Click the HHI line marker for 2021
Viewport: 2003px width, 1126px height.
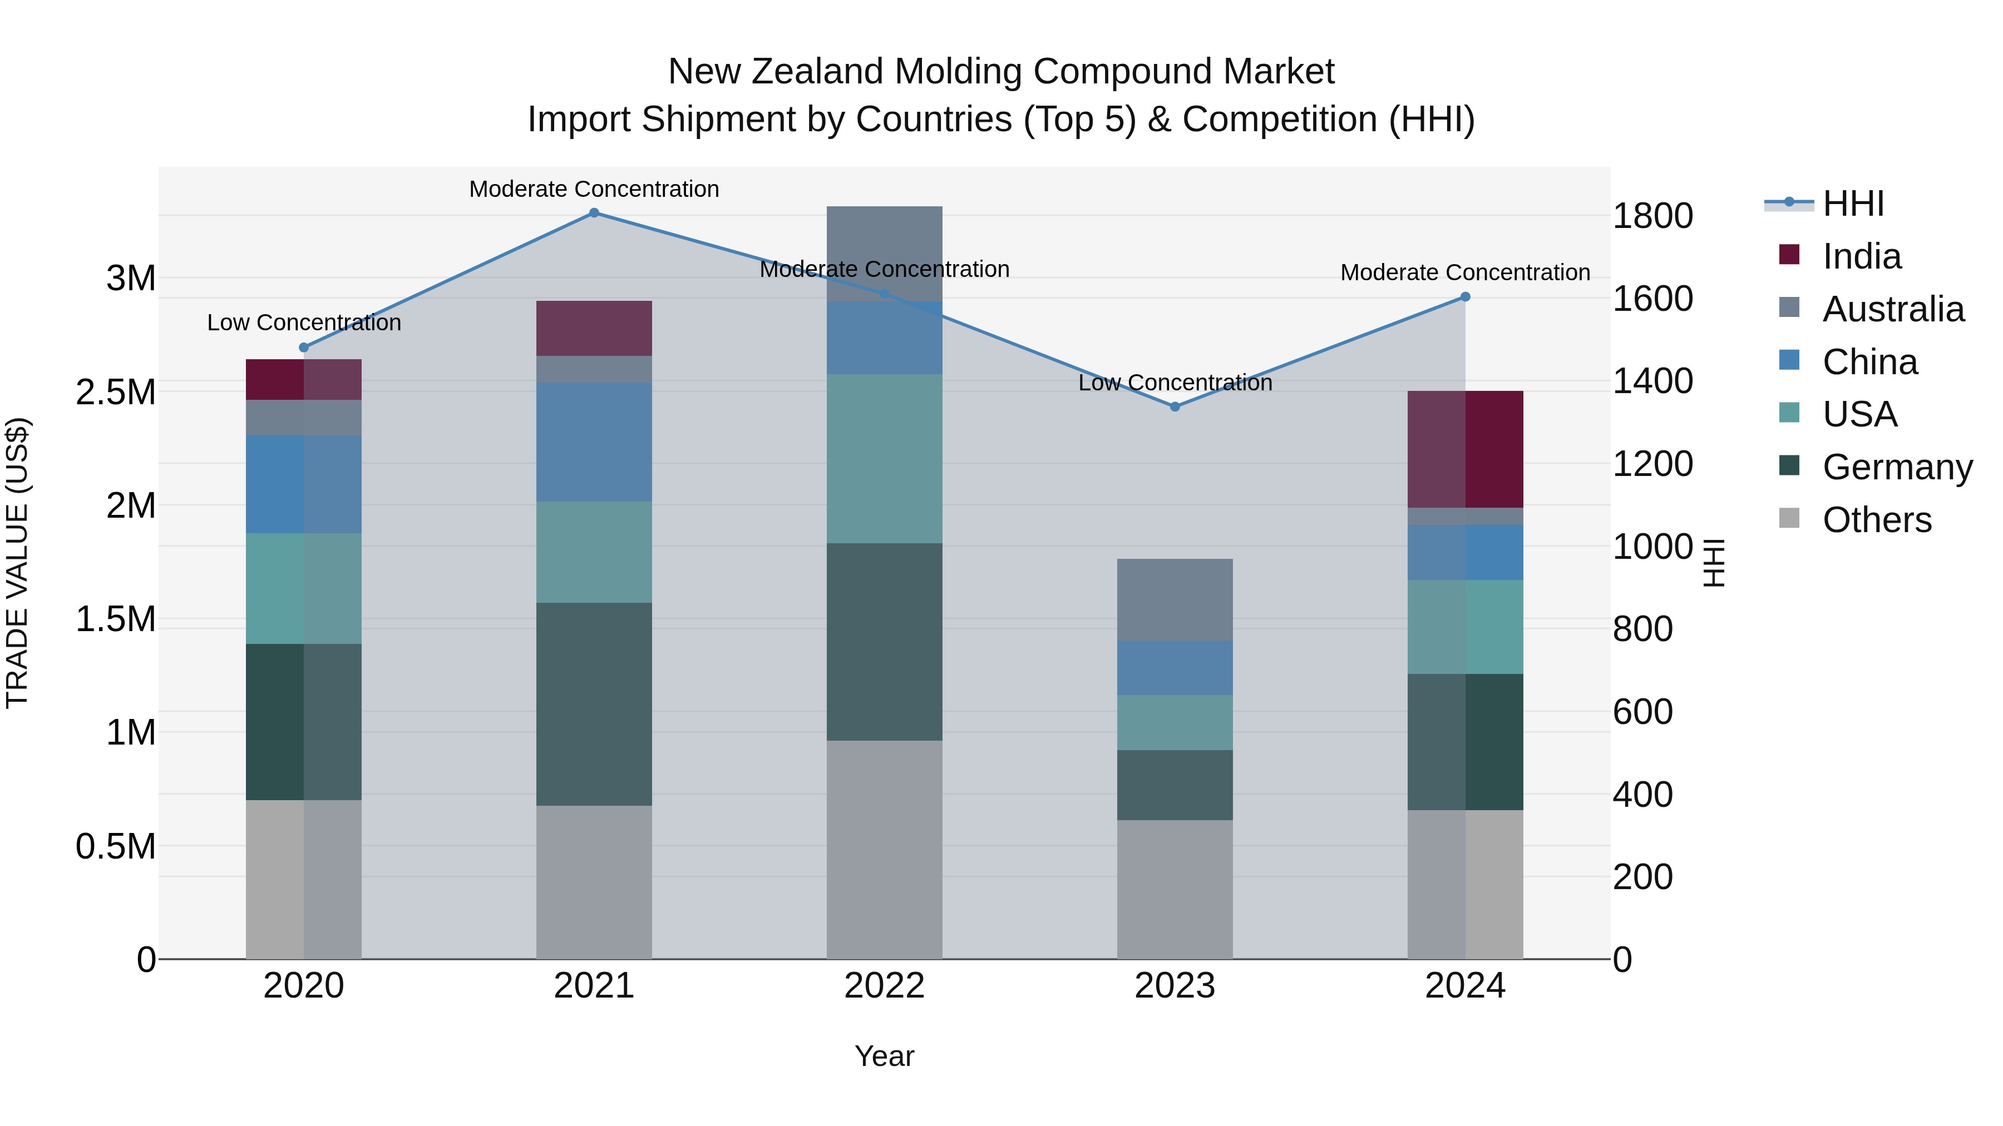594,213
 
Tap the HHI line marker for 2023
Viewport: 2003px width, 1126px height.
1175,406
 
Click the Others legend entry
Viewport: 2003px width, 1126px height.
1876,520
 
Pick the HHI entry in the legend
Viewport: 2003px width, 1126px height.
1852,204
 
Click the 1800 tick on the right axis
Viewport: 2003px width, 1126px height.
1652,216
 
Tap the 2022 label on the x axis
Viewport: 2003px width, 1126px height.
884,986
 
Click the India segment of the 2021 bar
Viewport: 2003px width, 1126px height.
594,328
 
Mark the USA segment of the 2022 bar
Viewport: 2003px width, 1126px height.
884,459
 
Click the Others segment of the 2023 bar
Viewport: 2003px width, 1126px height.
1175,889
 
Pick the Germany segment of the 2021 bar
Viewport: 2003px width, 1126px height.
594,703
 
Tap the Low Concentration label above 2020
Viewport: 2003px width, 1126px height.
304,323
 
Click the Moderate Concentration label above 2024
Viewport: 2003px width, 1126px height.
1465,273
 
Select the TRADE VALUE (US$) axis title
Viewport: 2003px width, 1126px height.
17,563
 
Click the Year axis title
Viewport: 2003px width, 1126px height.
884,1056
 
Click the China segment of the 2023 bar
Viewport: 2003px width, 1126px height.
1175,667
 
